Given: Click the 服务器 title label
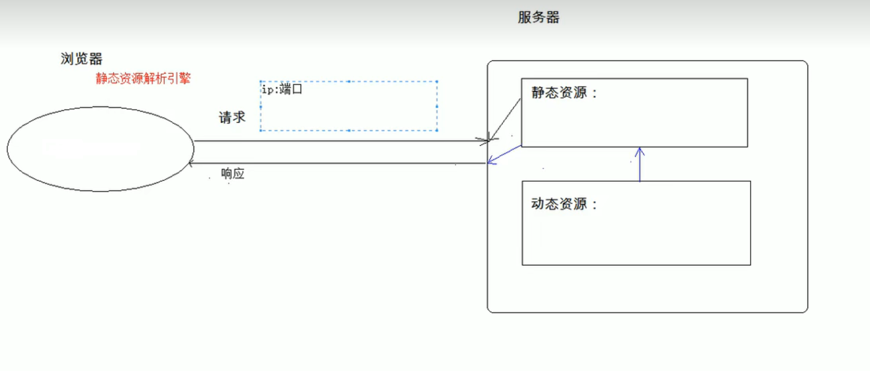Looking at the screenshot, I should [538, 17].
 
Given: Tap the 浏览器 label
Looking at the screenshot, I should [81, 59].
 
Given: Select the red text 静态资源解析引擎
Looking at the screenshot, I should [143, 79].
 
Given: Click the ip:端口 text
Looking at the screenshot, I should [282, 89].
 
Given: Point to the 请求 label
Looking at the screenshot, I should [232, 117].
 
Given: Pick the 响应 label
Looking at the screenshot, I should [233, 173].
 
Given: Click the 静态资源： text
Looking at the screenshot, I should [564, 93].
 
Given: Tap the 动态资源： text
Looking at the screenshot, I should [564, 204].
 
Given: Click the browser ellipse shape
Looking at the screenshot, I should [100, 149].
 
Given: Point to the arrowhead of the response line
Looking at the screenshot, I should [191, 163].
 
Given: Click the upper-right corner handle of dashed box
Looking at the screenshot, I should [437, 81].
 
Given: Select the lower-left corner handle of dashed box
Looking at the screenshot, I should [261, 130].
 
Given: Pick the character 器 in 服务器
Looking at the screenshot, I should [553, 17].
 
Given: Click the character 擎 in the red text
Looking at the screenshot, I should [185, 79].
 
